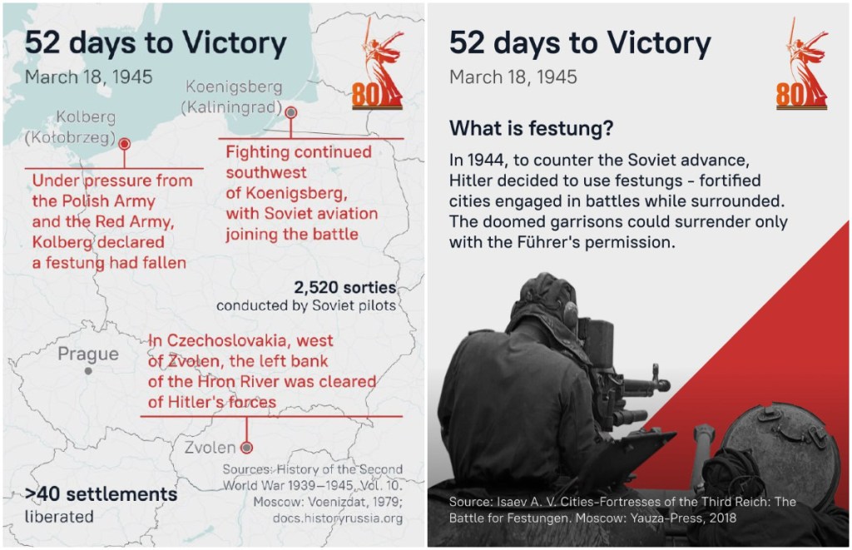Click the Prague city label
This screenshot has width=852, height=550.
[88, 354]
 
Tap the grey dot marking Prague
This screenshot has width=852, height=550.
[88, 371]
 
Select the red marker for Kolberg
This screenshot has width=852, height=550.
[125, 144]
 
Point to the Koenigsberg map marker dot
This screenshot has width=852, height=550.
[291, 112]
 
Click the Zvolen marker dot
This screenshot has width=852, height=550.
[246, 448]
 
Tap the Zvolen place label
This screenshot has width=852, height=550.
[210, 448]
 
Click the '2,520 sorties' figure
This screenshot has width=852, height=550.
[345, 287]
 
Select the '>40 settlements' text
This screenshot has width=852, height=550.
[101, 494]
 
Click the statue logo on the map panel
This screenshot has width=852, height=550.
[378, 63]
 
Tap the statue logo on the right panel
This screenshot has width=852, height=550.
[802, 63]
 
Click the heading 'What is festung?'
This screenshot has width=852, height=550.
[531, 128]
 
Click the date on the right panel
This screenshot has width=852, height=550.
[513, 77]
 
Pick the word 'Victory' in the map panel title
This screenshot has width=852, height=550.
[234, 42]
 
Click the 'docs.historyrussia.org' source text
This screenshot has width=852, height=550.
[338, 518]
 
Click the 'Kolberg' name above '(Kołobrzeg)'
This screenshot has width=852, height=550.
[86, 116]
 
